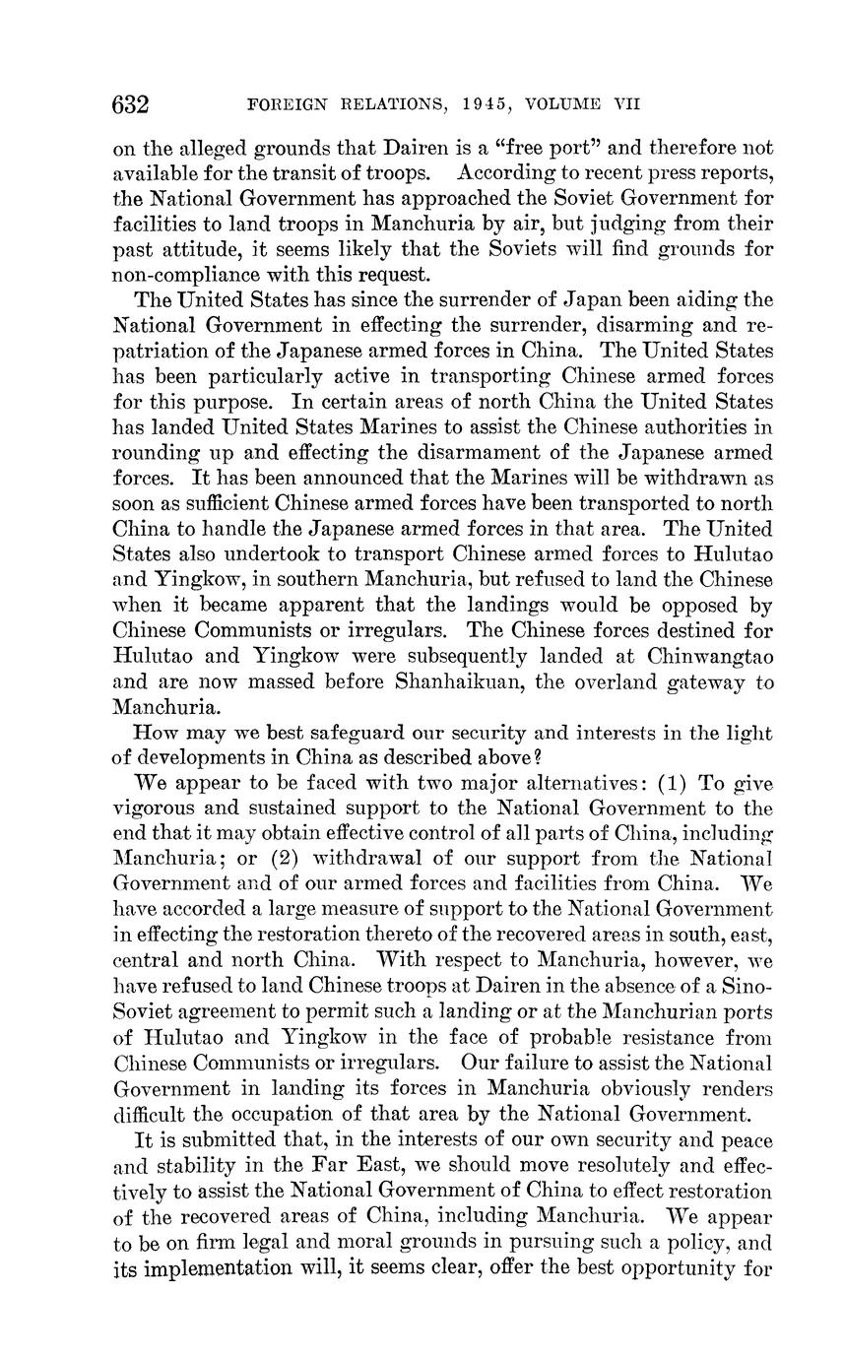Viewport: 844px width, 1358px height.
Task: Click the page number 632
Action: click(x=131, y=104)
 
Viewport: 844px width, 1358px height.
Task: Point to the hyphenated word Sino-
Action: click(x=746, y=986)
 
